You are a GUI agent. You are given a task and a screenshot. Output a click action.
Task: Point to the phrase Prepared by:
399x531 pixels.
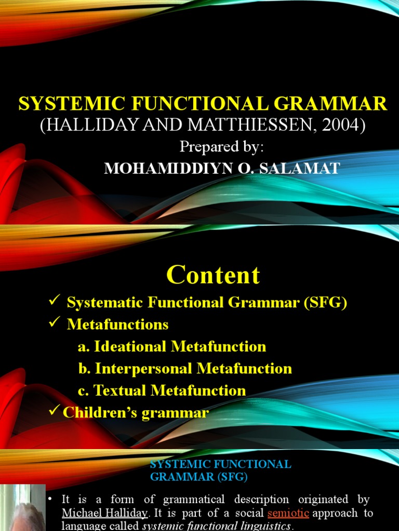222,147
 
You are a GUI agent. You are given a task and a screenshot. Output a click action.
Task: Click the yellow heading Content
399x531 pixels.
214,275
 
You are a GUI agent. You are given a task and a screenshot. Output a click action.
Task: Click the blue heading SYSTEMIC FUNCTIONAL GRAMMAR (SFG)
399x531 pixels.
220,470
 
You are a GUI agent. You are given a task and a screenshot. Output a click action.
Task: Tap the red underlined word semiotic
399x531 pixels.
288,513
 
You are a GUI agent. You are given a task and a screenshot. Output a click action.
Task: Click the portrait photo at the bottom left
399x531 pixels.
22,508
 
